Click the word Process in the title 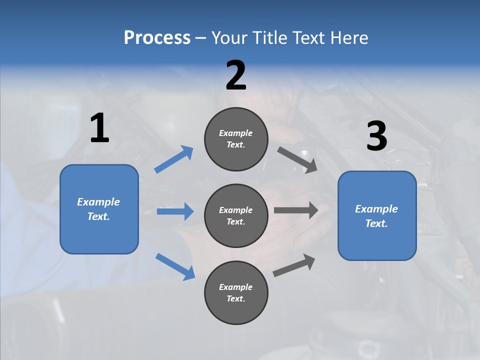tap(157, 38)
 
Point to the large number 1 tap(99, 128)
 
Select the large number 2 tap(236, 75)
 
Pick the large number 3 tap(376, 136)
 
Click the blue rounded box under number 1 tap(99, 209)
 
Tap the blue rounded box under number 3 tap(377, 215)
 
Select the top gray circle tap(236, 139)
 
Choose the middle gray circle tap(236, 215)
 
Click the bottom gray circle tap(236, 292)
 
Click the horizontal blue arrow tap(175, 211)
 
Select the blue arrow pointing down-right tap(175, 266)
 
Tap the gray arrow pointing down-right tap(297, 159)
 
